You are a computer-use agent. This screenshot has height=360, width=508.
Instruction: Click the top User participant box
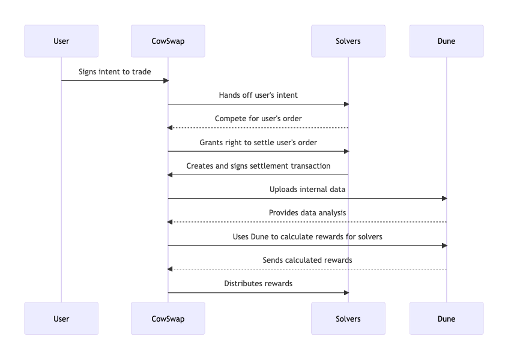click(x=61, y=41)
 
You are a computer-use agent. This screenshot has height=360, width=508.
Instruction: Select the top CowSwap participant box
click(x=168, y=41)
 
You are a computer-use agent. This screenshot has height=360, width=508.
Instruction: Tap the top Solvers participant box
click(x=348, y=41)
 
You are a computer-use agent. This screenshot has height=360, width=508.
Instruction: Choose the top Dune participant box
click(x=447, y=41)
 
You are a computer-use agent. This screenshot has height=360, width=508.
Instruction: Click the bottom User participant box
click(x=61, y=319)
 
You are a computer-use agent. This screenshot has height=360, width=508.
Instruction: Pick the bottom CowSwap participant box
click(x=168, y=319)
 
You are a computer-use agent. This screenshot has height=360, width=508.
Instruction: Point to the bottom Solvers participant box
click(x=348, y=319)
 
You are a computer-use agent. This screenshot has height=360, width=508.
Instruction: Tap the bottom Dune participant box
click(x=447, y=319)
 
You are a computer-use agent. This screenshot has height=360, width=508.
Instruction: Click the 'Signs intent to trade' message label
click(x=115, y=72)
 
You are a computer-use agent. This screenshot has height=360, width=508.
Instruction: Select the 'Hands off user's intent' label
click(x=258, y=95)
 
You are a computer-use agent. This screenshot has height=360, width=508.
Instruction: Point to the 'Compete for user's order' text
click(x=258, y=119)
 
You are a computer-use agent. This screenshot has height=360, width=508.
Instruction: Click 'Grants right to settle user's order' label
click(x=258, y=143)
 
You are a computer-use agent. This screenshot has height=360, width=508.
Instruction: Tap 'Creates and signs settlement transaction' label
click(x=258, y=166)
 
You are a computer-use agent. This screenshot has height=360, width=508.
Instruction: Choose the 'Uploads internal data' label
click(x=307, y=190)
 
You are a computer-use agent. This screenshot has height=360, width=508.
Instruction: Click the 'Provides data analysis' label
click(x=307, y=213)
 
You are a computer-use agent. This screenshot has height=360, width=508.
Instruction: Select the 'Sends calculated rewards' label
click(x=307, y=260)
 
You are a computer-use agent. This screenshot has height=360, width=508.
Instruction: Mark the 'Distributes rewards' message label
click(x=258, y=284)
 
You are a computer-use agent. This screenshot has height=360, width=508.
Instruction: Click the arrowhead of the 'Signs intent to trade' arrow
click(x=166, y=80)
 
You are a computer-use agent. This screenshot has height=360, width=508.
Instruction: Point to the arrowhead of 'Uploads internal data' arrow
click(x=444, y=199)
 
